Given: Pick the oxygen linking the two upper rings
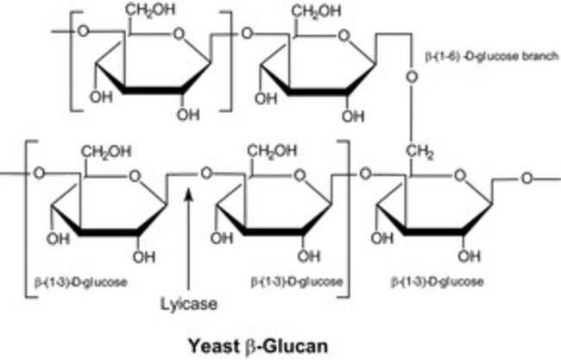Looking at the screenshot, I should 247,35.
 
